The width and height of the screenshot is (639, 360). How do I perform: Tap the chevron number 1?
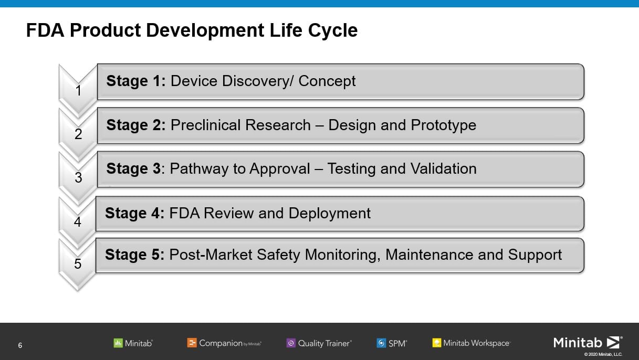point(78,91)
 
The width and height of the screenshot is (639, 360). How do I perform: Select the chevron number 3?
point(78,177)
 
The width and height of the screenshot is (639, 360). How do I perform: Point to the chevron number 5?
point(78,263)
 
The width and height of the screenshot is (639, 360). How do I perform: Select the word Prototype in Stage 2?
point(443,125)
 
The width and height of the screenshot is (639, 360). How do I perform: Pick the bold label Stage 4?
point(135,213)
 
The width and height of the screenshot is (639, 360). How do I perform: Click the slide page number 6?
point(20,345)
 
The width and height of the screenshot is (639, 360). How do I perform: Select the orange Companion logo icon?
point(192,343)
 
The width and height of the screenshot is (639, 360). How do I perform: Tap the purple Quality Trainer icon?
point(291,343)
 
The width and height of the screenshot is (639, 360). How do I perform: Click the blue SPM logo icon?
point(381,343)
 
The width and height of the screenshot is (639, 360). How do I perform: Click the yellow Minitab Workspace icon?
point(437,343)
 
